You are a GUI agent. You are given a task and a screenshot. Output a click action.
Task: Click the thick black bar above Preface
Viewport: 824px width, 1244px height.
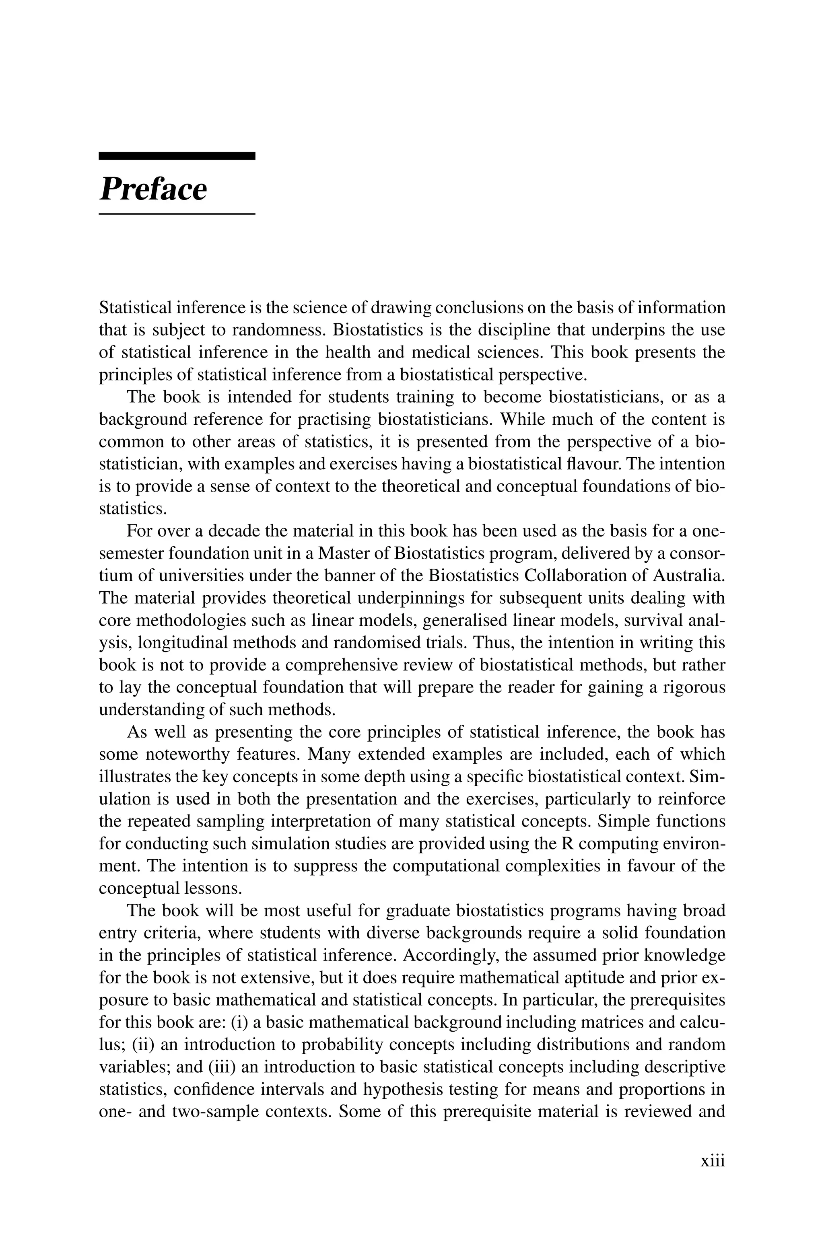tap(177, 156)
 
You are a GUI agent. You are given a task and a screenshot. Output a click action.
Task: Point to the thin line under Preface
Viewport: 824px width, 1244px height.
tap(177, 214)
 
